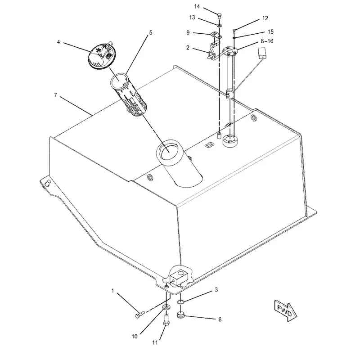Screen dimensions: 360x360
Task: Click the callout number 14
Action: (x=197, y=6)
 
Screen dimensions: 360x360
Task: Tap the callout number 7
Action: (x=55, y=95)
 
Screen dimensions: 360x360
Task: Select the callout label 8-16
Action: (x=267, y=41)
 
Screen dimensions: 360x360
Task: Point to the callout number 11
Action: (x=155, y=342)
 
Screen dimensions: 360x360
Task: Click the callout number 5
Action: (x=151, y=32)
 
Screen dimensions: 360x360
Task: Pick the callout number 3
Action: (x=216, y=290)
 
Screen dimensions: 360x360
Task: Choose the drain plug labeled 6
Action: (x=181, y=315)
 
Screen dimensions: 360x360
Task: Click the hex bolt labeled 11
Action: (x=167, y=319)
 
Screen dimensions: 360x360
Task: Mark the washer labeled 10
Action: (x=166, y=307)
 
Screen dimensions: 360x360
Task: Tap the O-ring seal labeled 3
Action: (x=181, y=302)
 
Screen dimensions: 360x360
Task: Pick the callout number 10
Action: (x=135, y=336)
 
